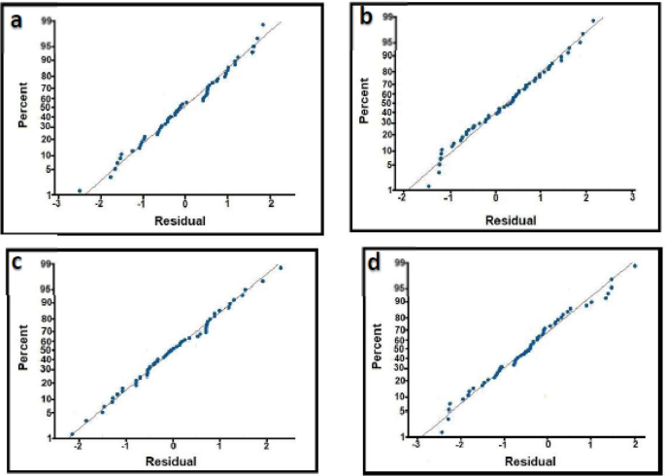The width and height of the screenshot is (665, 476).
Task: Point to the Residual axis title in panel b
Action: [511, 220]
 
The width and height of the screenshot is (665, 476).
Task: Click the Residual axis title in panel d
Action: [525, 460]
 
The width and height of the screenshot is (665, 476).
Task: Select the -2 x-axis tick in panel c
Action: [78, 444]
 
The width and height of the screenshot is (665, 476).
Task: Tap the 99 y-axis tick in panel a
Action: [46, 19]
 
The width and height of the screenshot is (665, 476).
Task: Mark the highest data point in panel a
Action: [262, 24]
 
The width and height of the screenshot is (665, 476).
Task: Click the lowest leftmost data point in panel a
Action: [79, 190]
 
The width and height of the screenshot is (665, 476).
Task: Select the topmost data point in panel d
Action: [635, 265]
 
